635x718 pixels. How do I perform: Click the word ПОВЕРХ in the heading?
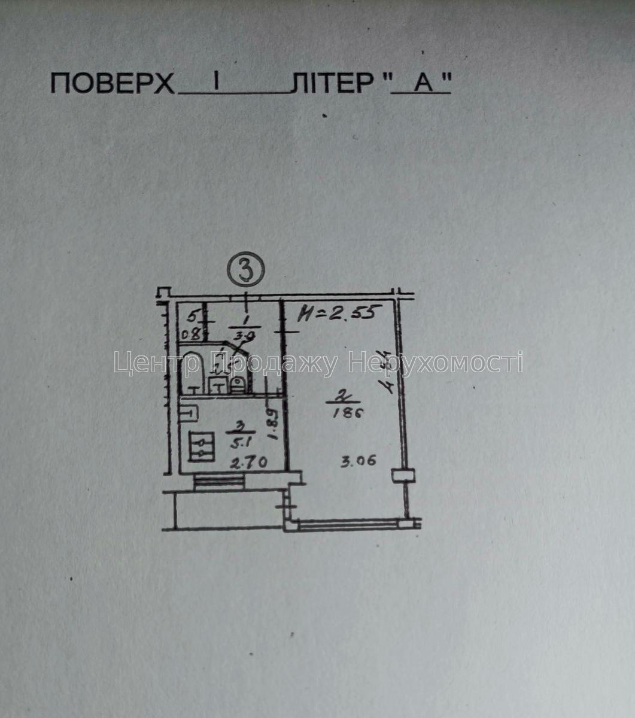(113, 84)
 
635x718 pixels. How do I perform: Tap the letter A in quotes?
(423, 84)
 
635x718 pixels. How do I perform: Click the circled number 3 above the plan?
(246, 270)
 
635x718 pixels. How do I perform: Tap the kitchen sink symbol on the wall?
(189, 412)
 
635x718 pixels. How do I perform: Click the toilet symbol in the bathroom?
(237, 385)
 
